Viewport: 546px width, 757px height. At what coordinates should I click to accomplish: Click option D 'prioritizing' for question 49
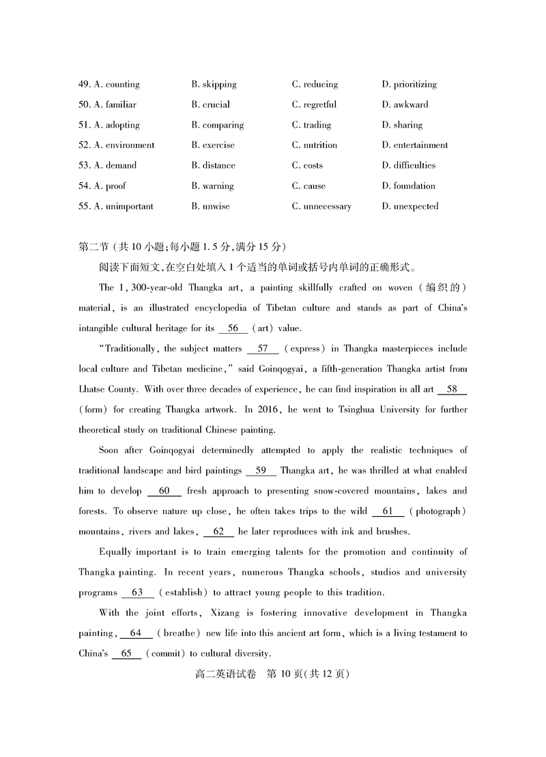tap(409, 85)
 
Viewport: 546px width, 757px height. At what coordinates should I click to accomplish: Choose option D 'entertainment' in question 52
tap(415, 145)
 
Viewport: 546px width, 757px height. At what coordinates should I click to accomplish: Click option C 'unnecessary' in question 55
tap(321, 207)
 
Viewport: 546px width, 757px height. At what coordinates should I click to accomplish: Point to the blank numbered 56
tap(233, 328)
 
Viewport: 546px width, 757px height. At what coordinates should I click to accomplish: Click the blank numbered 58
tap(451, 389)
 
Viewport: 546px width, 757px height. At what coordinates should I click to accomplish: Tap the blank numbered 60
tap(164, 491)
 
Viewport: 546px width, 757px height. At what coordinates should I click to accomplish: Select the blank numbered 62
tap(218, 531)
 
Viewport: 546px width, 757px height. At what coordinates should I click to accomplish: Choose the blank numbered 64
tap(136, 633)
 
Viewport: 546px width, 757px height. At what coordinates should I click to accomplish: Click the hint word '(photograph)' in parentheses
tap(440, 511)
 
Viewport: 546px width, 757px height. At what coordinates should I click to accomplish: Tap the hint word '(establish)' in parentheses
tap(185, 592)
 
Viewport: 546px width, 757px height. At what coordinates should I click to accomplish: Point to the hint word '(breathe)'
tap(180, 633)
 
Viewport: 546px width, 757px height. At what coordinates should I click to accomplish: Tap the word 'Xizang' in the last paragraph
tap(238, 613)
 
